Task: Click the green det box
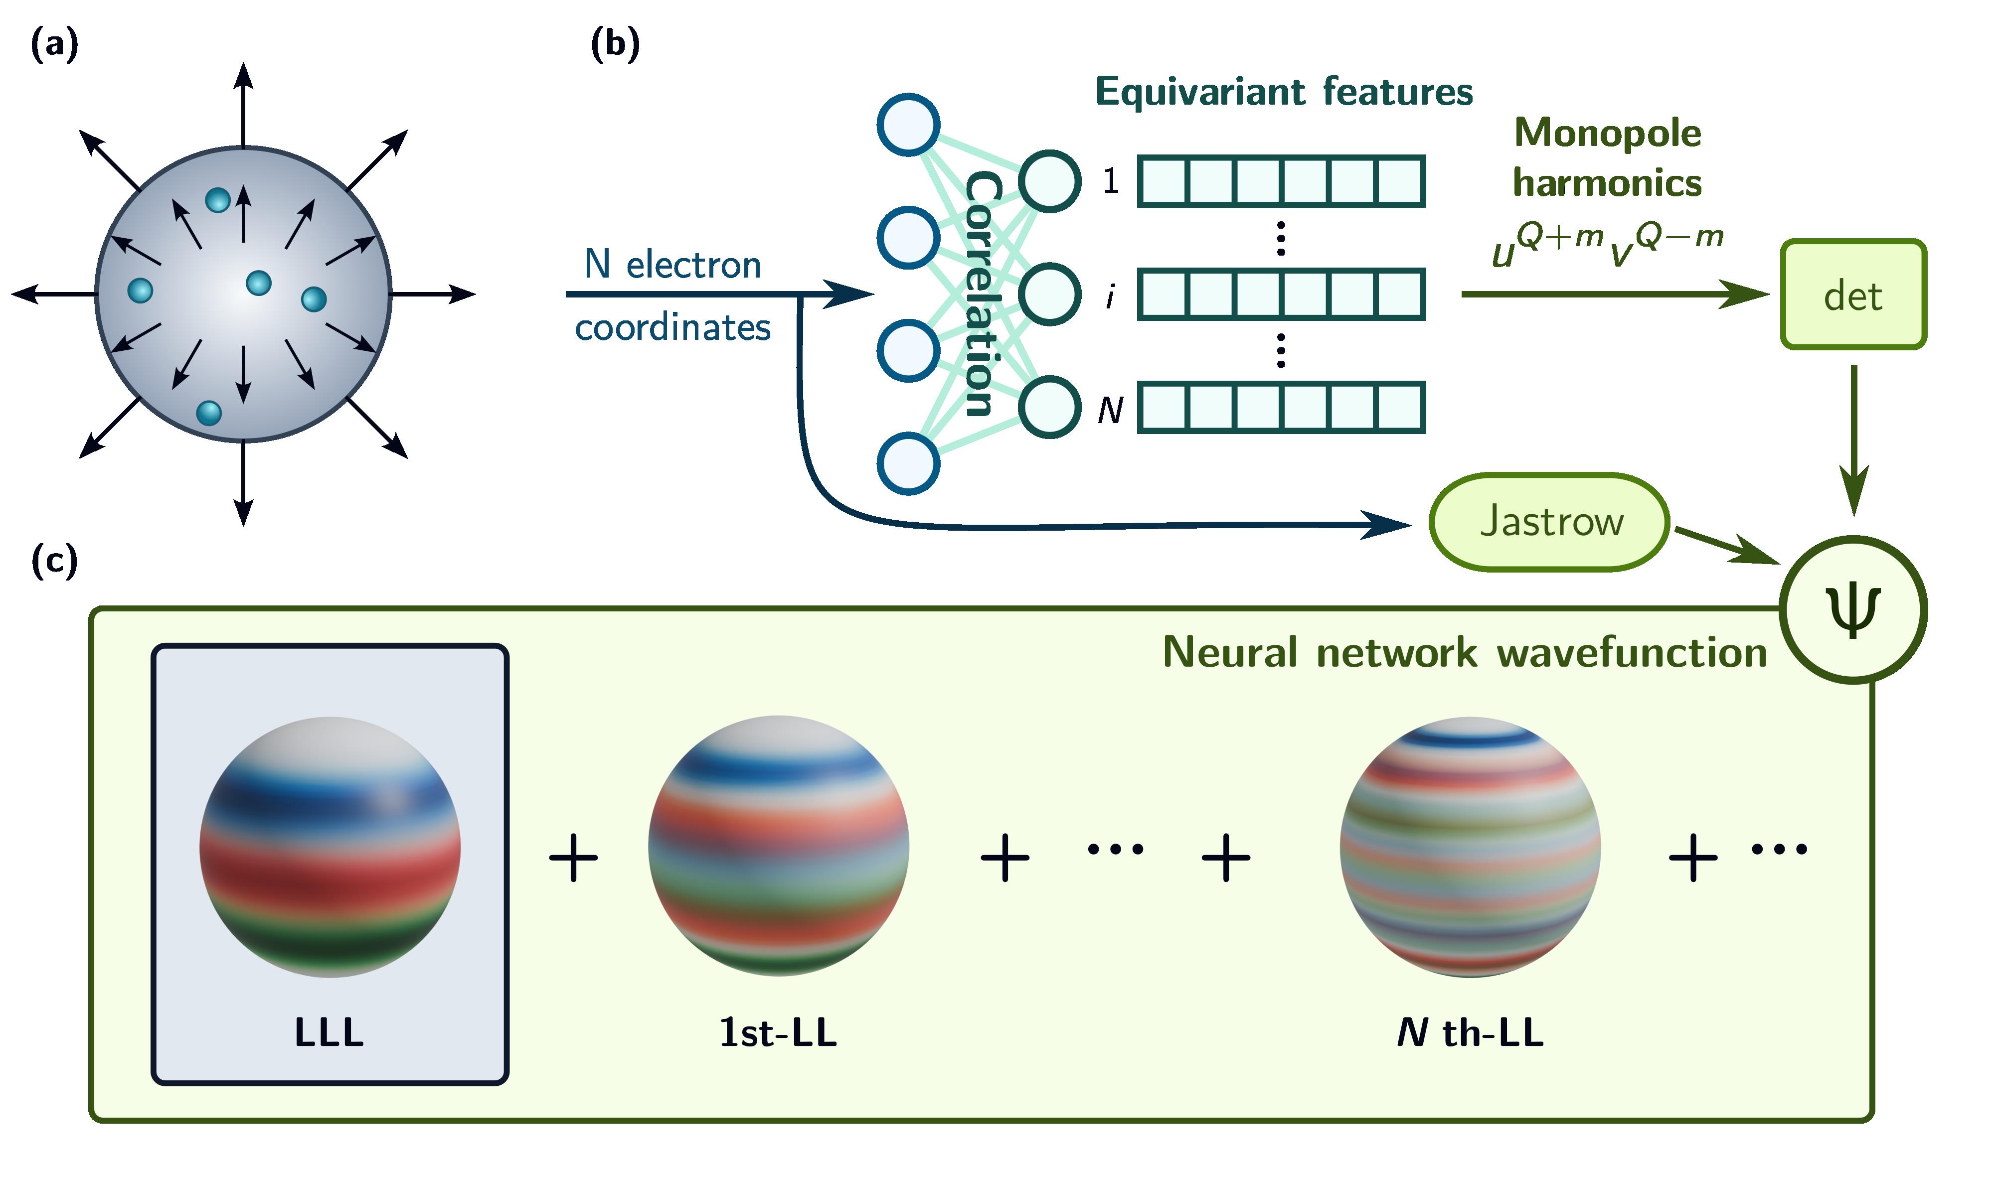point(1852,294)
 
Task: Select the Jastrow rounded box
point(1549,522)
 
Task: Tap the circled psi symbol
point(1852,609)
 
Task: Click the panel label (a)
point(54,44)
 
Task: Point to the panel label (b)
point(615,44)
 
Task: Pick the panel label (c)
point(54,560)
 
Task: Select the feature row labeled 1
point(1281,181)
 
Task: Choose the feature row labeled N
point(1281,408)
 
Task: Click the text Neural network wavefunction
point(1464,653)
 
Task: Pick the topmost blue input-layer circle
point(908,125)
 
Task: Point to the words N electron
point(672,265)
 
